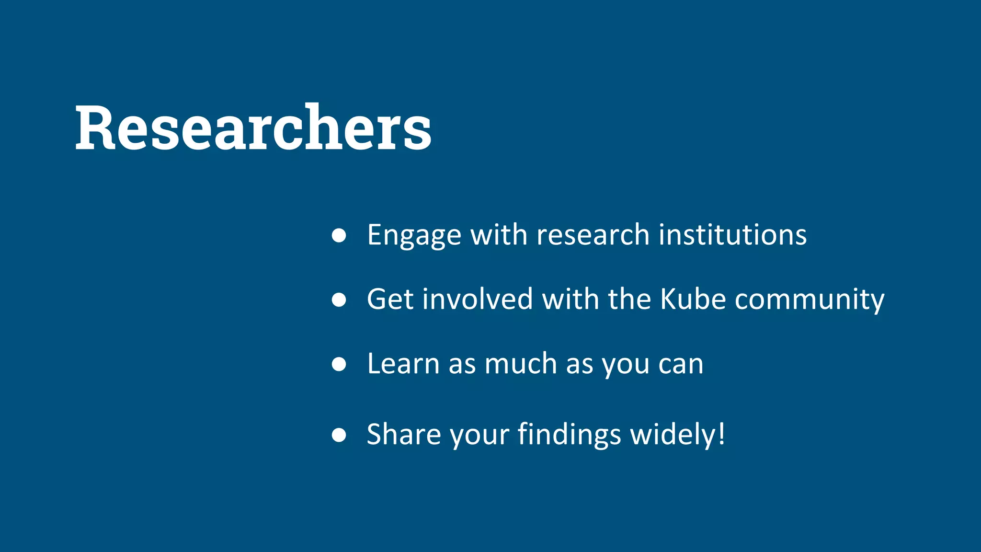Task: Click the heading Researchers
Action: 253,128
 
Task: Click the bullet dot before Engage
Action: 339,235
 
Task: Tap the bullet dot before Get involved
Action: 339,300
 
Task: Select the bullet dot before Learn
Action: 339,364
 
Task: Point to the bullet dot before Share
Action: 339,435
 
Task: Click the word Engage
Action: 414,235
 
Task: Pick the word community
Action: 810,300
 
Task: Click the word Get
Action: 390,299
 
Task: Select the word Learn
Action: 403,363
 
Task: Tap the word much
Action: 521,363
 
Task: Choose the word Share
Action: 404,434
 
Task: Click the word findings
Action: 569,434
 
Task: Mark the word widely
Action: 672,434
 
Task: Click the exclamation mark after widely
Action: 721,434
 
